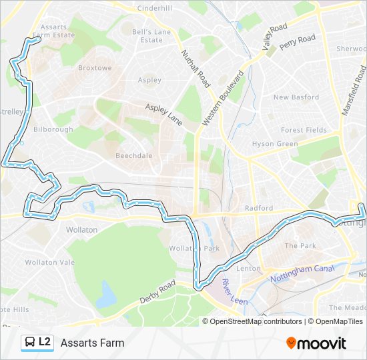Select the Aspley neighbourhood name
tap(149, 80)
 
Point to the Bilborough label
tap(53, 129)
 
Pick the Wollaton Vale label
tap(50, 263)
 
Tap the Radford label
tap(259, 208)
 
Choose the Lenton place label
tap(248, 268)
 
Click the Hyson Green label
tap(275, 144)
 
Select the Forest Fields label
tap(304, 130)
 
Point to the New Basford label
tap(296, 97)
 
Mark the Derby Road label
tap(157, 293)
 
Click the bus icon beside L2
tap(30, 343)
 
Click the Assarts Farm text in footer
tap(92, 343)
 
